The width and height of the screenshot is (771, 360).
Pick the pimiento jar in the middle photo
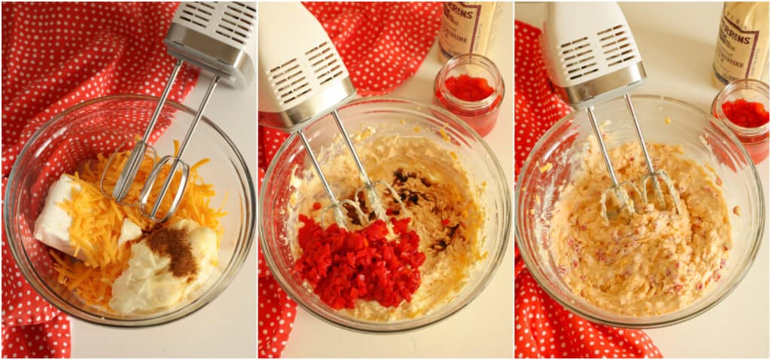pos(469,94)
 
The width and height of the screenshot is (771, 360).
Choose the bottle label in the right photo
pos(742,45)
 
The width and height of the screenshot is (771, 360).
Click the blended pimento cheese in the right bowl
pos(640,256)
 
